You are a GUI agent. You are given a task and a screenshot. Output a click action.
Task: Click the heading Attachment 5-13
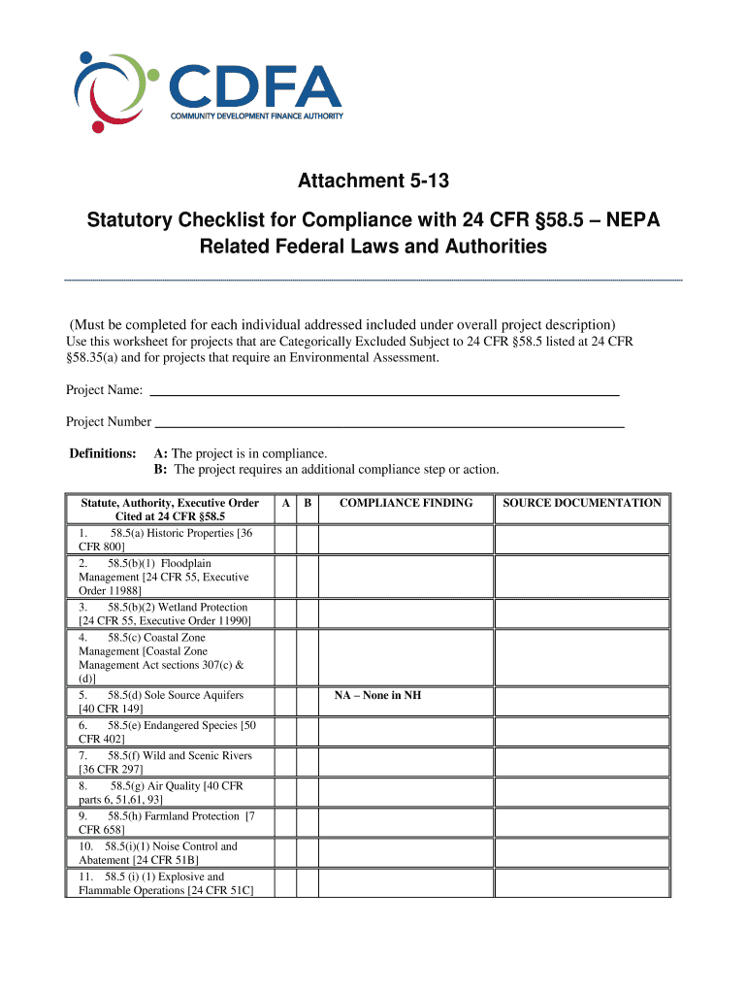[x=373, y=182]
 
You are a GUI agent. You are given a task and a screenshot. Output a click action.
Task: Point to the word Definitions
[x=102, y=453]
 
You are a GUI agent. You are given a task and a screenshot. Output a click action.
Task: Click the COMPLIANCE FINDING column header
[x=406, y=503]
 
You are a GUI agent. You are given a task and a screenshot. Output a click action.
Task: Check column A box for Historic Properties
[x=284, y=540]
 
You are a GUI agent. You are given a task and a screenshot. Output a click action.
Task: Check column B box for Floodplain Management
[x=308, y=577]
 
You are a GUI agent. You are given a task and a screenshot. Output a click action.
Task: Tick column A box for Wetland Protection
[x=284, y=613]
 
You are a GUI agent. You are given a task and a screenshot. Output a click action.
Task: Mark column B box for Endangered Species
[x=308, y=732]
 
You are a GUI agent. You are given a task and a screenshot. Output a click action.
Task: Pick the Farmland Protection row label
[x=166, y=823]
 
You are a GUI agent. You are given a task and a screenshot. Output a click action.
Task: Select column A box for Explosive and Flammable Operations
[x=284, y=882]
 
